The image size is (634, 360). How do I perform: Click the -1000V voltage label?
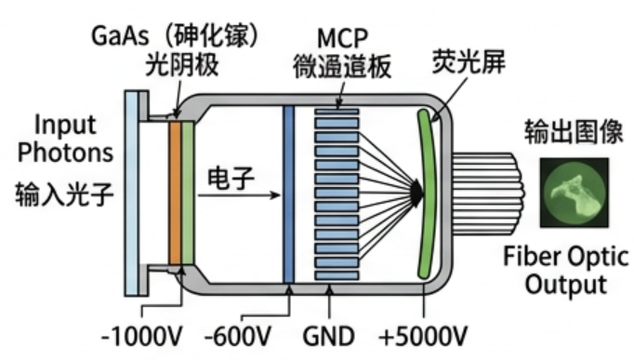142,336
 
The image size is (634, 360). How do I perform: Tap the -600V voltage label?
238,336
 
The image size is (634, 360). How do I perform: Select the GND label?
329,336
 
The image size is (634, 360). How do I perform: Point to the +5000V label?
423,336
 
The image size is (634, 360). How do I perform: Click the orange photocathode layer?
175,193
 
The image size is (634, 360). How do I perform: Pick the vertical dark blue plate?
289,194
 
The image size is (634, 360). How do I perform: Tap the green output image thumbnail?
575,193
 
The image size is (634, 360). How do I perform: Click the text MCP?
342,39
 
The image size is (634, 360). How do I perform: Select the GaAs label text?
121,35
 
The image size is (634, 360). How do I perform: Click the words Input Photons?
65,139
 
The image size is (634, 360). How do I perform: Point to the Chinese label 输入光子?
65,194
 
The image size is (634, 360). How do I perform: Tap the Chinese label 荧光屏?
469,61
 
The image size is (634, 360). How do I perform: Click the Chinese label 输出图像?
574,132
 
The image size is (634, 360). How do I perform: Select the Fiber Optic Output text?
566,270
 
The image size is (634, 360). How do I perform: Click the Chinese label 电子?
231,179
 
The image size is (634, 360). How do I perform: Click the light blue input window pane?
131,193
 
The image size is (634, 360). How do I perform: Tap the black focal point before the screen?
416,194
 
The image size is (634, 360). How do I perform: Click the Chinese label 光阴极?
182,65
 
